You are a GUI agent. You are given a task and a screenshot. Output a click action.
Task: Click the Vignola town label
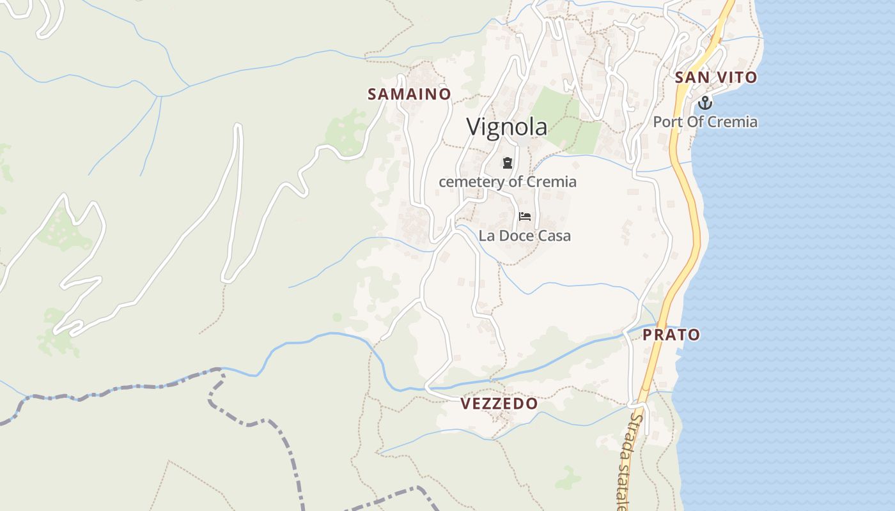pyautogui.click(x=506, y=126)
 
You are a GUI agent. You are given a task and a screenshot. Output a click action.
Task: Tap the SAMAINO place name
pyautogui.click(x=409, y=94)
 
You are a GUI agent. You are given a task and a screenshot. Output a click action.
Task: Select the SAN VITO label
pyautogui.click(x=716, y=77)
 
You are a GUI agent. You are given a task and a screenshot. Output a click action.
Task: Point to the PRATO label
pyautogui.click(x=671, y=335)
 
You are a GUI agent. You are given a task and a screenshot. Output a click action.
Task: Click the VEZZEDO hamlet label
pyautogui.click(x=499, y=404)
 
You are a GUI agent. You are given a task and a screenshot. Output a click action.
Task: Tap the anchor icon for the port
pyautogui.click(x=704, y=102)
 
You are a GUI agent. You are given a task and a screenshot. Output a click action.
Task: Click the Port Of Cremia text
pyautogui.click(x=705, y=121)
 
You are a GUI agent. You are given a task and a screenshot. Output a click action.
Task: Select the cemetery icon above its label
pyautogui.click(x=508, y=163)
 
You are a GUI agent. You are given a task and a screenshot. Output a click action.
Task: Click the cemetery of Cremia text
pyautogui.click(x=508, y=181)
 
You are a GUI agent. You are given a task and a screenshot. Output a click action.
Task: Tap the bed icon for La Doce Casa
pyautogui.click(x=525, y=217)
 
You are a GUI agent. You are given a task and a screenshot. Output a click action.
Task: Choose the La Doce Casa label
pyautogui.click(x=525, y=236)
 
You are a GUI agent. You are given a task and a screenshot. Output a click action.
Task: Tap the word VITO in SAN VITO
pyautogui.click(x=736, y=77)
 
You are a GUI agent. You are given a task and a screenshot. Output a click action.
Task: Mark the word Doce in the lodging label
pyautogui.click(x=517, y=236)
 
